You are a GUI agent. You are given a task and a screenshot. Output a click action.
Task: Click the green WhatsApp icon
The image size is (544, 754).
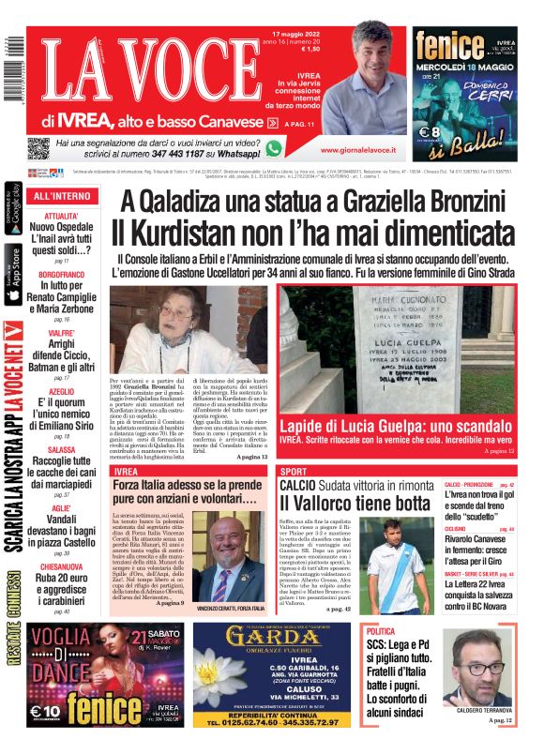pos(273,148)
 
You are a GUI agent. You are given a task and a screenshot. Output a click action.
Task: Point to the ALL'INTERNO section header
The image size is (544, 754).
pos(62,196)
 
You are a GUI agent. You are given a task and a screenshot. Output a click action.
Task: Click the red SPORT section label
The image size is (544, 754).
pos(294,471)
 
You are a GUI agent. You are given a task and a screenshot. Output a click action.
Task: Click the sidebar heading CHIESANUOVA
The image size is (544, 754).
pos(62,565)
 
